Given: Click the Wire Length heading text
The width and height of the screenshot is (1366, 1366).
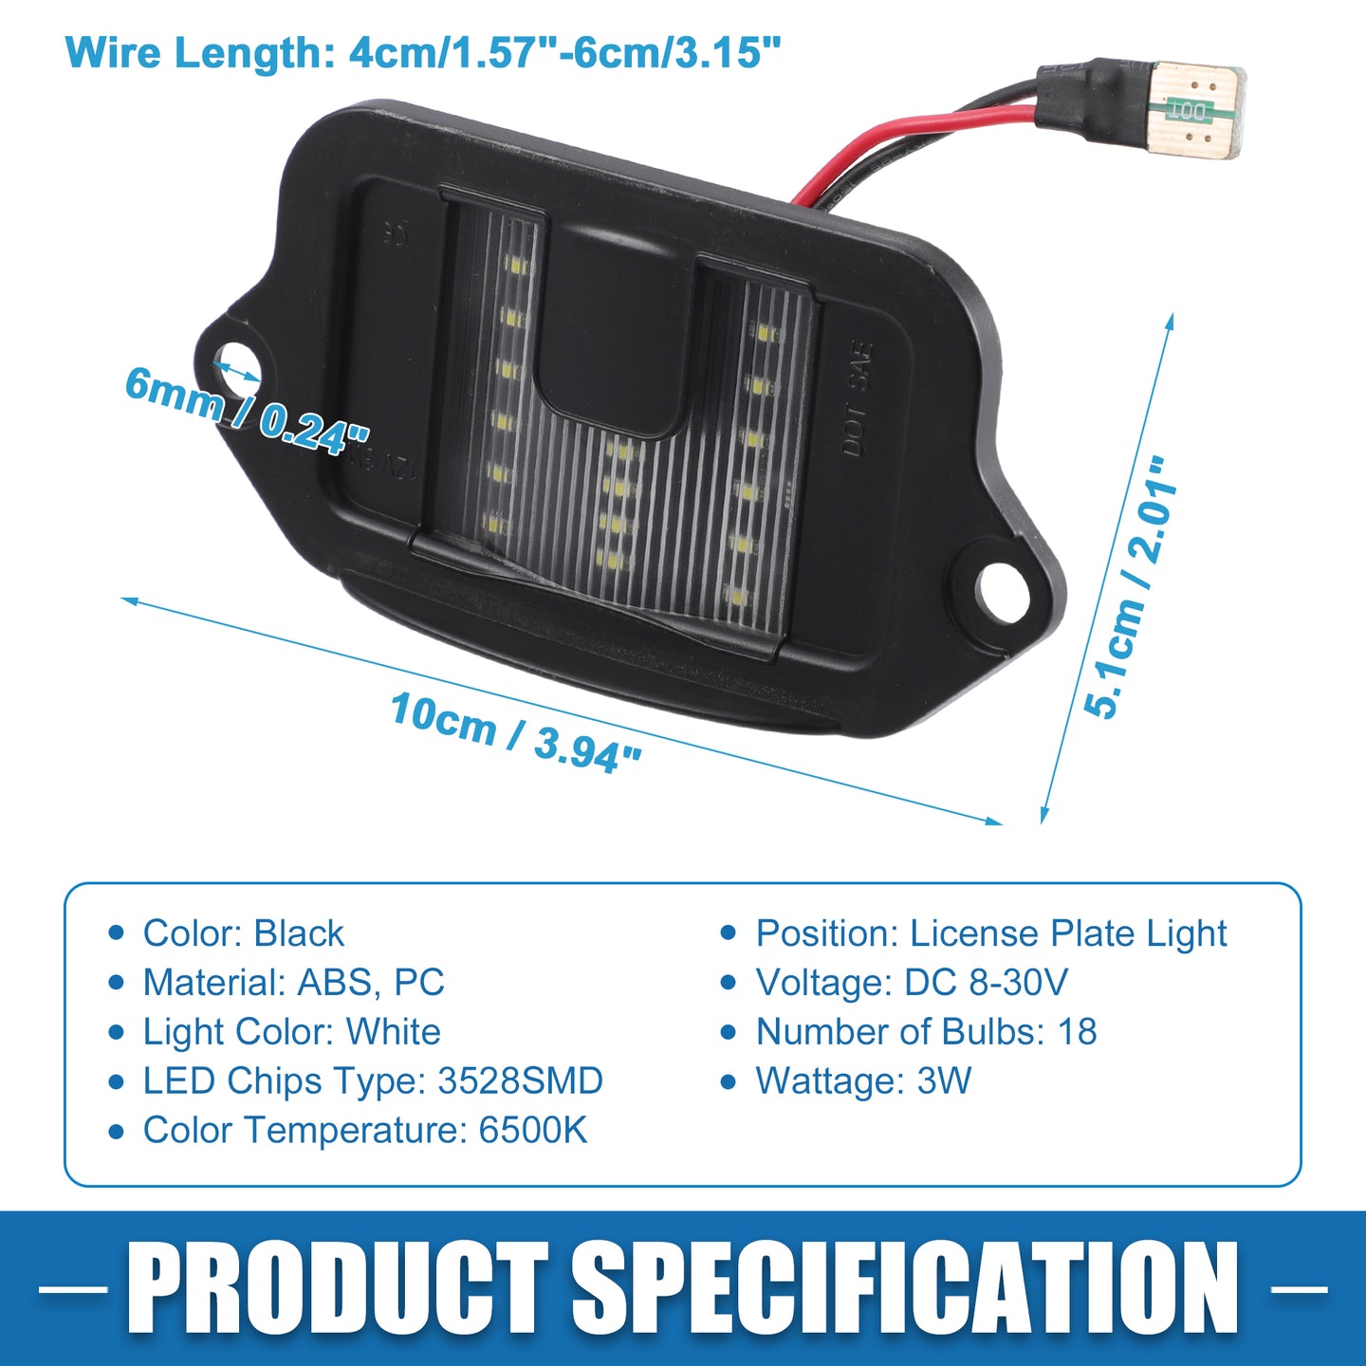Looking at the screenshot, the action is tap(423, 52).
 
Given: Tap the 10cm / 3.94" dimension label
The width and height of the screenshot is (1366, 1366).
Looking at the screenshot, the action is tap(515, 733).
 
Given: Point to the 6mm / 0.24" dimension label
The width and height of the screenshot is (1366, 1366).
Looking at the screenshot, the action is tap(246, 411).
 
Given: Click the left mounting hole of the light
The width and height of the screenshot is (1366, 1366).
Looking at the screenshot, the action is tap(237, 363).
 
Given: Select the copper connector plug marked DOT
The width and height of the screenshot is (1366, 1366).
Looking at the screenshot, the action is tap(1197, 112).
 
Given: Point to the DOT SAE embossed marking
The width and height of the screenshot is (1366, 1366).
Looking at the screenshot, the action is tap(857, 399).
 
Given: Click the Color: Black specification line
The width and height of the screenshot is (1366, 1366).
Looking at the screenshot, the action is tap(243, 932).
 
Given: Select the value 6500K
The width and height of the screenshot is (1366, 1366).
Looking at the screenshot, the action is tap(533, 1130).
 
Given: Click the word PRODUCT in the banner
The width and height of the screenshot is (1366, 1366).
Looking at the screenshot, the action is tap(338, 1289).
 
